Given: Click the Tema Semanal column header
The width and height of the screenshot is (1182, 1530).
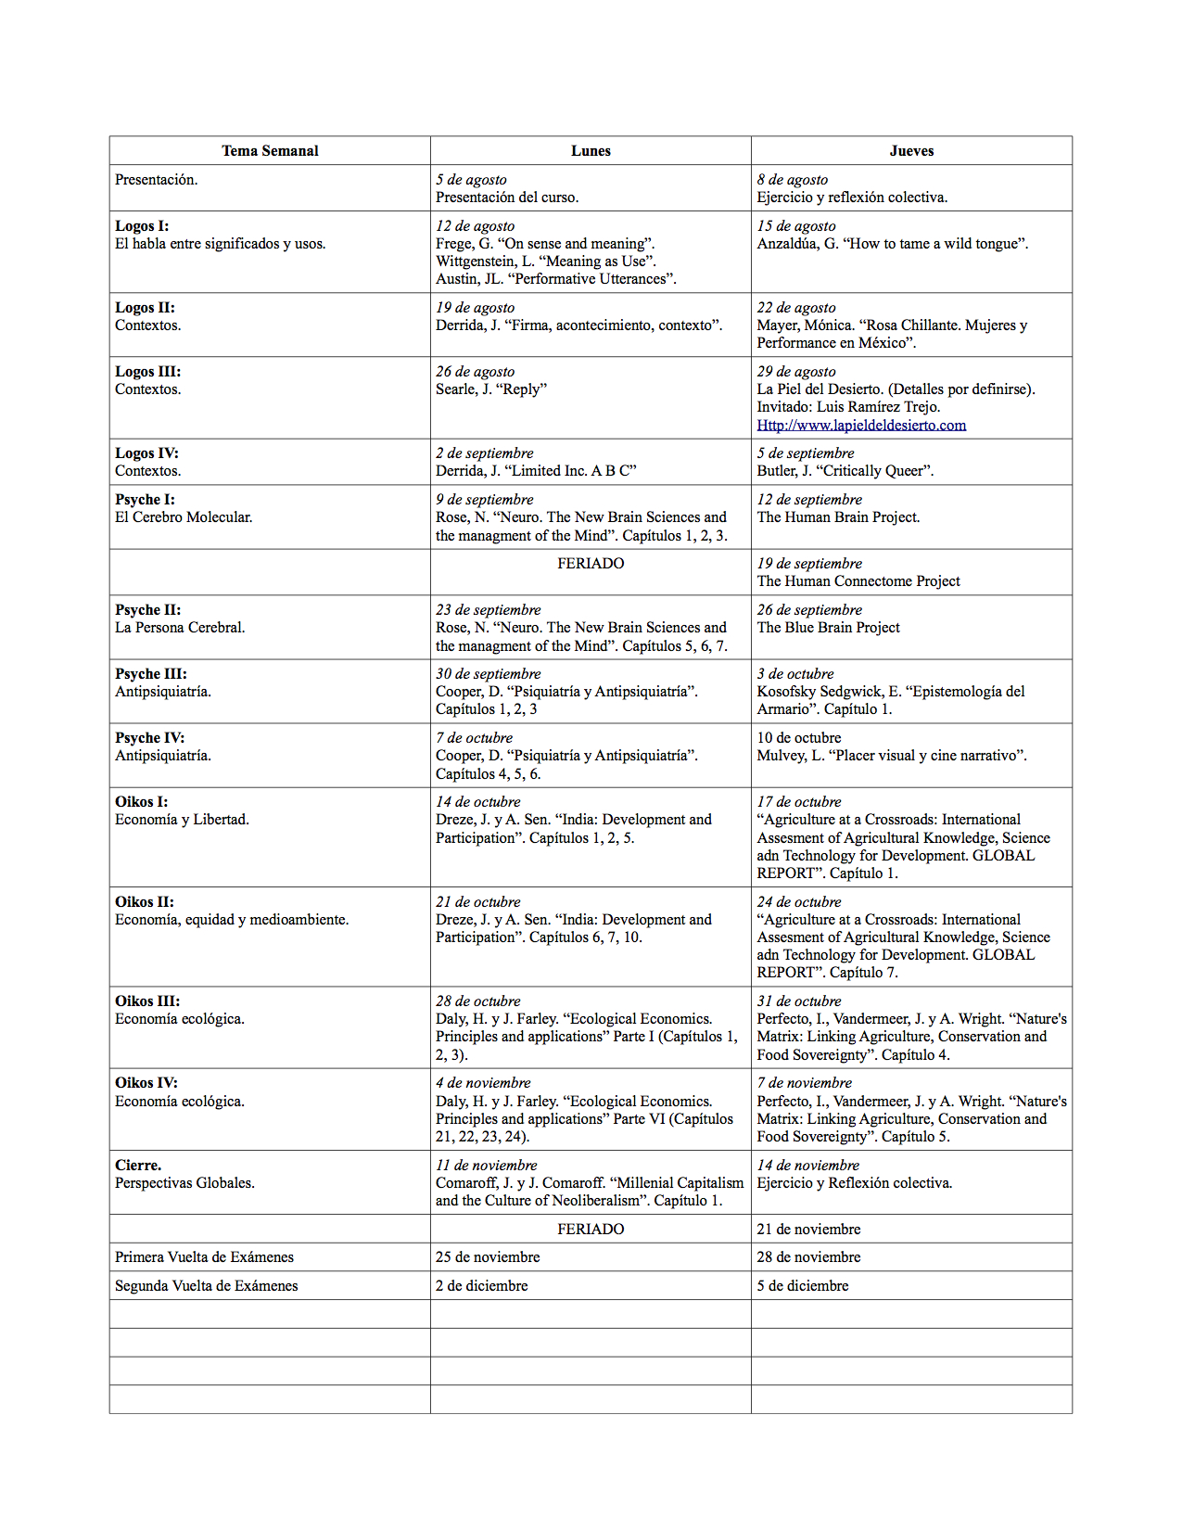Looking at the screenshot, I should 270,151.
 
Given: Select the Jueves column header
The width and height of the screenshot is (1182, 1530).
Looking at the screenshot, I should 911,151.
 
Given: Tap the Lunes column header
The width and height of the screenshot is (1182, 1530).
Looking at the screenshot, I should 591,151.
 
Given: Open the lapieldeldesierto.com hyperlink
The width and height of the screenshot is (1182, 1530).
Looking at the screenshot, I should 861,425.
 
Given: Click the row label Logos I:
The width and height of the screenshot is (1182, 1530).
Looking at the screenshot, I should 142,226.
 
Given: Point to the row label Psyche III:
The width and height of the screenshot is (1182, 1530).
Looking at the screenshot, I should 151,674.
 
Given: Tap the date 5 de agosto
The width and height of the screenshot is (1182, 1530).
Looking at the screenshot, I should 471,180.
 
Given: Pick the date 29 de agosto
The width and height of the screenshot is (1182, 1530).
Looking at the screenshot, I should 796,372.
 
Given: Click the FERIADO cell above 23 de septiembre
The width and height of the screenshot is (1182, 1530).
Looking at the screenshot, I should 591,564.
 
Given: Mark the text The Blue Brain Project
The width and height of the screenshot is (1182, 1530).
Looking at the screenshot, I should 828,628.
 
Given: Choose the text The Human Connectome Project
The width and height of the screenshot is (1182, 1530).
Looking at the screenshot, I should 858,581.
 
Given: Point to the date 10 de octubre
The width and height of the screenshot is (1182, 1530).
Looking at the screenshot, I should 799,738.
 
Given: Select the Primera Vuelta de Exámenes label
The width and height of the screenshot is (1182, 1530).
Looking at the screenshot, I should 204,1257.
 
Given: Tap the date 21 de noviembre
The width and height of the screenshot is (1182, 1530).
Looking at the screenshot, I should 808,1230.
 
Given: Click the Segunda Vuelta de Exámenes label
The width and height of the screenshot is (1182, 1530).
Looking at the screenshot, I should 207,1286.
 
